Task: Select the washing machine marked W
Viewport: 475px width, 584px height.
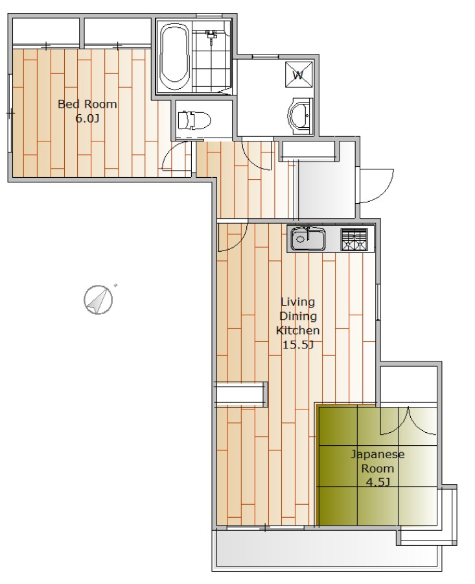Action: tap(298, 74)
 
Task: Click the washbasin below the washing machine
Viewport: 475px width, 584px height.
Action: tap(301, 116)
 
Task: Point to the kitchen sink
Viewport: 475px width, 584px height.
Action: tap(308, 238)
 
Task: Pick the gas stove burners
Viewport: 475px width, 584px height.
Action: tap(354, 239)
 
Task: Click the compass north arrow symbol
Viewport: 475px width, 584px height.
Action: tap(98, 300)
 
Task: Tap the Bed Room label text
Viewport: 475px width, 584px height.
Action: tap(87, 104)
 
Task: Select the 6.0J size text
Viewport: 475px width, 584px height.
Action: tap(87, 119)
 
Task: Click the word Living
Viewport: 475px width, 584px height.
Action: tap(297, 302)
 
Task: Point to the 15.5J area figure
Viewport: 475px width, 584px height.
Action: tap(298, 345)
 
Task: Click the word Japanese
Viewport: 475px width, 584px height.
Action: tap(378, 454)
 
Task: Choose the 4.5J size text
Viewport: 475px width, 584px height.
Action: tap(378, 483)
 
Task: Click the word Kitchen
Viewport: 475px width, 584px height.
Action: tap(297, 330)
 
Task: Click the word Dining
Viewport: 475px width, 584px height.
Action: tap(298, 316)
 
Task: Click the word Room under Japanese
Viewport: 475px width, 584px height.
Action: tap(378, 468)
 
